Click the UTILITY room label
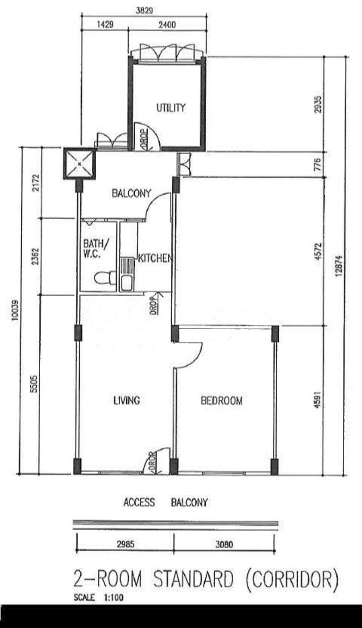171,107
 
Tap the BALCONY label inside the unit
132,193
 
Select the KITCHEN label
155,258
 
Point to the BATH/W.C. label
95,248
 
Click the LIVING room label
127,400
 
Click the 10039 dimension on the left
15,310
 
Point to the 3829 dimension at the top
144,10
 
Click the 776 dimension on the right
317,165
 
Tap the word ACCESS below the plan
139,502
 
